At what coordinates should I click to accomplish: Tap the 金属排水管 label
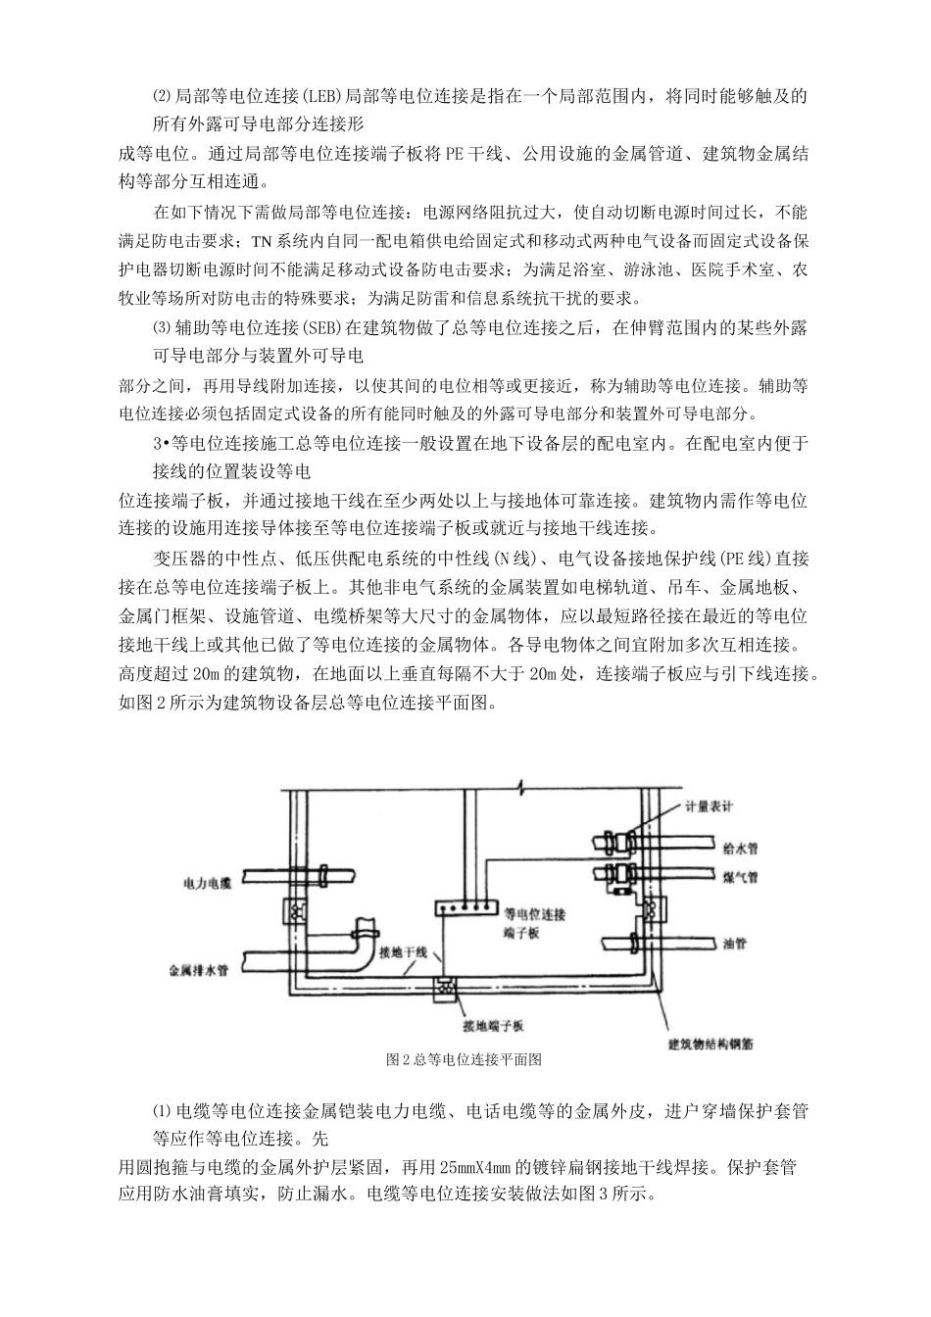tap(199, 971)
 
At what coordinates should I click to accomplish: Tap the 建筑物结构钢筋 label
tap(711, 1044)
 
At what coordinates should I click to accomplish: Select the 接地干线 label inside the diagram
tap(403, 951)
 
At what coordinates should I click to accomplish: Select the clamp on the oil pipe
tap(634, 943)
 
